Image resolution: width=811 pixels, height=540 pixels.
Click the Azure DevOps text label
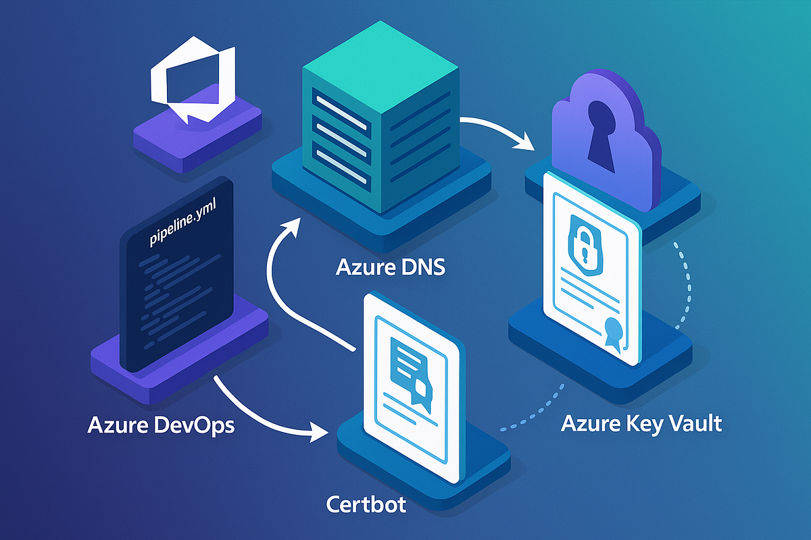click(x=161, y=426)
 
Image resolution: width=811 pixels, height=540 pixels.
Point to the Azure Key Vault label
click(x=641, y=424)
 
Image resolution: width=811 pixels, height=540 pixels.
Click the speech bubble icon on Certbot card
click(x=410, y=374)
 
